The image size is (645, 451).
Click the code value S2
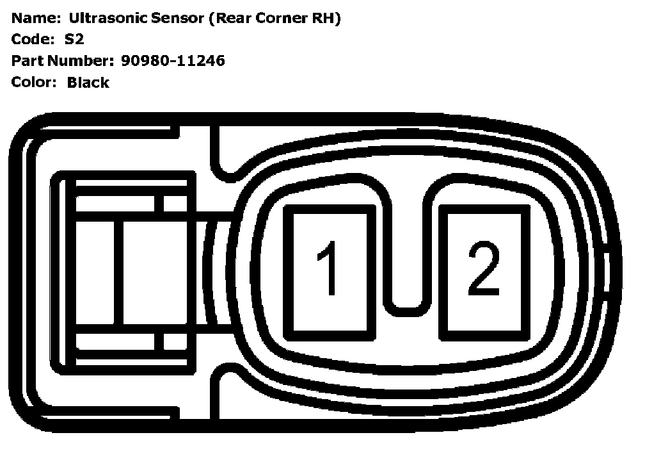74,40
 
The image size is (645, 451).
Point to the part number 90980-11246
173,61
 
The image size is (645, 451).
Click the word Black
88,83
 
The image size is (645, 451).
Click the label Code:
30,40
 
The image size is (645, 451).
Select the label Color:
34,83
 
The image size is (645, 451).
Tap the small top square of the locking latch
171,204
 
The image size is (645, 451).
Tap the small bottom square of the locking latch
171,341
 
